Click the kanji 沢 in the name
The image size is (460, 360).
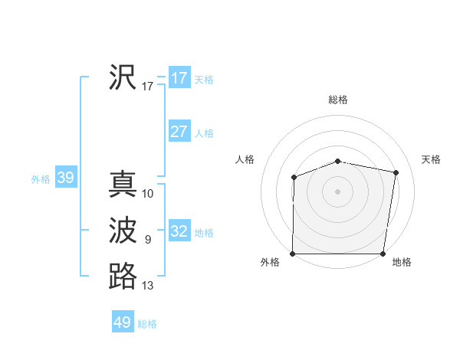point(123,77)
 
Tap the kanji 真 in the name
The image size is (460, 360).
point(123,185)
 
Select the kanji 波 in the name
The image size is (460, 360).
point(123,231)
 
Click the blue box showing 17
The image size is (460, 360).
point(179,78)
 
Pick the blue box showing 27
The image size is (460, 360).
point(179,132)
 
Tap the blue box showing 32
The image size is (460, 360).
point(179,231)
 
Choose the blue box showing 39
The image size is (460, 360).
point(65,178)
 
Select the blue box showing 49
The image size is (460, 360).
point(123,322)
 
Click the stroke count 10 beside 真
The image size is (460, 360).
point(148,194)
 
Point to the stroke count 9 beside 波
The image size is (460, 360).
point(148,240)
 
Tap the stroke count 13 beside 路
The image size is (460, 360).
point(148,286)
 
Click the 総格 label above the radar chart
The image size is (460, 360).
point(338,100)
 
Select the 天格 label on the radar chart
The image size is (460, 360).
point(432,159)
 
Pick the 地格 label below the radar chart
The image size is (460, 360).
point(402,262)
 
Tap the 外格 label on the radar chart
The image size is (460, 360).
point(270,262)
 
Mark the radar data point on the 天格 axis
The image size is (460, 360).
point(396,172)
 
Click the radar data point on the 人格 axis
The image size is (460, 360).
point(294,178)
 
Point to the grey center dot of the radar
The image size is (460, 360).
point(337,191)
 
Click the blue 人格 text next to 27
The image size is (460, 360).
point(204,133)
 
